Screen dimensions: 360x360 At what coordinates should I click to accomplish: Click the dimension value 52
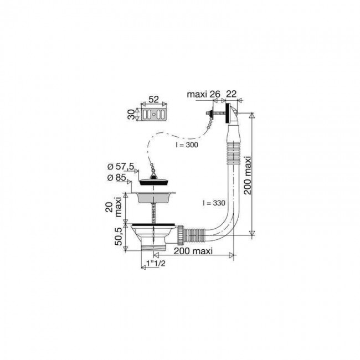pos(153,99)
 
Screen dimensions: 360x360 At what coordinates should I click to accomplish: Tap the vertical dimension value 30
pos(131,114)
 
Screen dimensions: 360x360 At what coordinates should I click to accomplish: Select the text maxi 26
pos(204,94)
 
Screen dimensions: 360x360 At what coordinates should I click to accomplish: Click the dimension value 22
pos(231,94)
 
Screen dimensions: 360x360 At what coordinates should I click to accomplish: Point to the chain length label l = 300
pos(187,145)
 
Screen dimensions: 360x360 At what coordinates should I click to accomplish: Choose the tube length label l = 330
pos(214,203)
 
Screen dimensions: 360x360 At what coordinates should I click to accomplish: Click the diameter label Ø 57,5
pos(121,167)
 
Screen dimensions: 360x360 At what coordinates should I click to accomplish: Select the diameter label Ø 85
pos(117,177)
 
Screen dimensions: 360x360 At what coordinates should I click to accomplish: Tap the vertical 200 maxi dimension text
pos(248,176)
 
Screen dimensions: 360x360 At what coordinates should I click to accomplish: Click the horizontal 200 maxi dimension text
pos(193,251)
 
